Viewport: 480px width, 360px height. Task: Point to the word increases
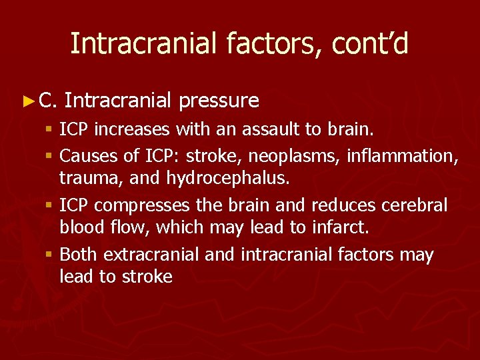pyautogui.click(x=129, y=129)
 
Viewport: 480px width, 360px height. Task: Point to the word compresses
pyautogui.click(x=145, y=205)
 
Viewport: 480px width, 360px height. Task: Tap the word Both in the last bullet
pyautogui.click(x=79, y=255)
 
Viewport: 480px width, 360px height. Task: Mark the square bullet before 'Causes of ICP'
pyautogui.click(x=51, y=157)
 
